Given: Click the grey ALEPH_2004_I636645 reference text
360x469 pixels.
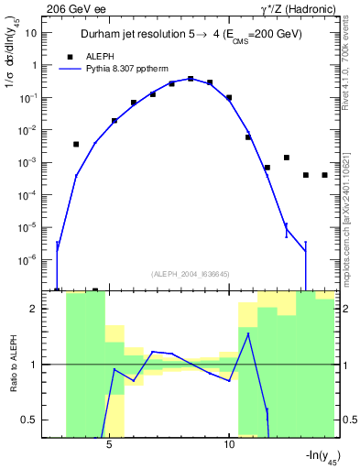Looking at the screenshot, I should [x=190, y=274].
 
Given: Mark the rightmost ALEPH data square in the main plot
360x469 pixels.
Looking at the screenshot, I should [x=324, y=175].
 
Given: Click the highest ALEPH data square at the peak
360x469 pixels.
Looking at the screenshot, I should [x=191, y=79].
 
